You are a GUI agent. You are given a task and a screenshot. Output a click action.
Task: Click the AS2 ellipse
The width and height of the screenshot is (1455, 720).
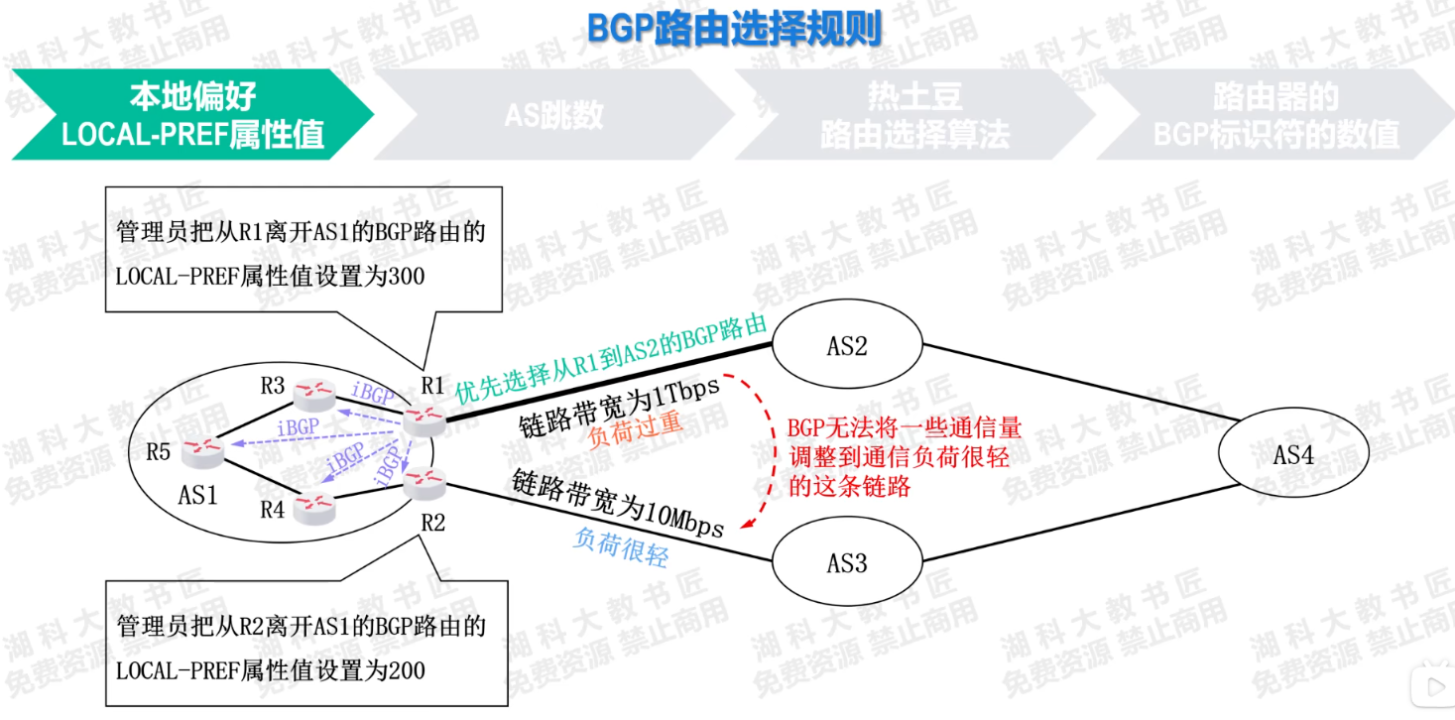pos(847,345)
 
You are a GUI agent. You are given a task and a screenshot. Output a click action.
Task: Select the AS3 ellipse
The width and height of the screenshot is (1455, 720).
pos(847,562)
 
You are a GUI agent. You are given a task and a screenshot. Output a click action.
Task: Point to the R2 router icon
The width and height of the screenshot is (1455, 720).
pos(424,483)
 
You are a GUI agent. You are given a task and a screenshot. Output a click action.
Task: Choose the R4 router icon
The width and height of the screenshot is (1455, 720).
pos(316,507)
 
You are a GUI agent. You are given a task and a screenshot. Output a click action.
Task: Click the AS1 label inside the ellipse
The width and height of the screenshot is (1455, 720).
pos(197,494)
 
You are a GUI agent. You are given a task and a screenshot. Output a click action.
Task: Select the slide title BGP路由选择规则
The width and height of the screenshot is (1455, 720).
pos(734,29)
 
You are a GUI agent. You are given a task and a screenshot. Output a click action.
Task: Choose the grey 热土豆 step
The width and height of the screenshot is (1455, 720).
pos(912,114)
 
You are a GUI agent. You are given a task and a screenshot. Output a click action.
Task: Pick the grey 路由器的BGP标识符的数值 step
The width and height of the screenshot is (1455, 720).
pos(1275,114)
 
